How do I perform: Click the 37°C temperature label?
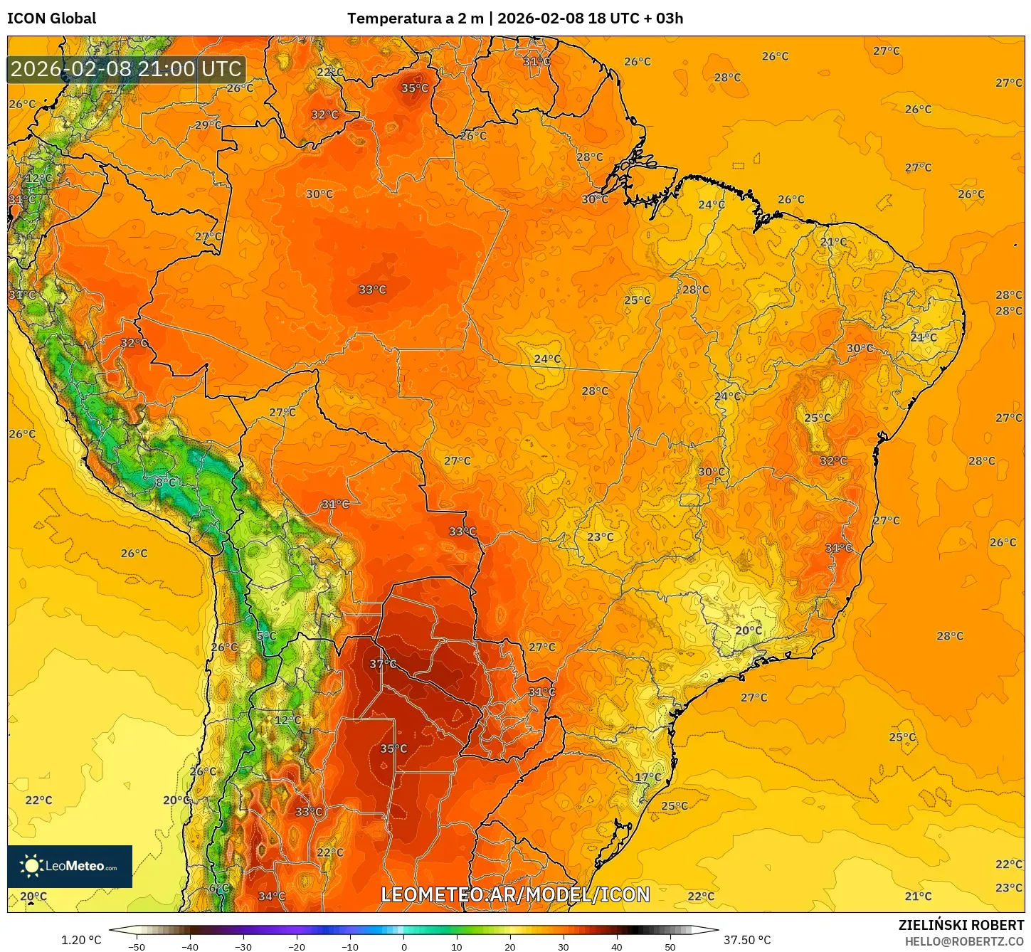[x=383, y=664]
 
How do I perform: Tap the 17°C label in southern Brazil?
[x=647, y=778]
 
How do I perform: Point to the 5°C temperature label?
[x=266, y=636]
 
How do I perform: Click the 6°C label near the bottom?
[x=218, y=889]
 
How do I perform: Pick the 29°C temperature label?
[x=208, y=125]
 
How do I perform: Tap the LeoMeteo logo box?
[x=70, y=866]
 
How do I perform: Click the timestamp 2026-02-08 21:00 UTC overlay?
[x=126, y=69]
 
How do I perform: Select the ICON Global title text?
[x=51, y=18]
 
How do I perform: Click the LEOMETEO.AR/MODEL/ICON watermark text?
[x=515, y=894]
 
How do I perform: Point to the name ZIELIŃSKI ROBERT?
[x=961, y=925]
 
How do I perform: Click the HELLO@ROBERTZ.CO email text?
[x=964, y=941]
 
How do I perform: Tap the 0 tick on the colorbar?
[x=403, y=947]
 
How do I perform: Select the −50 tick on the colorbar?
[x=137, y=947]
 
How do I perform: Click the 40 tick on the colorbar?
[x=616, y=947]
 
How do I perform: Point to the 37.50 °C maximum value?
[x=747, y=940]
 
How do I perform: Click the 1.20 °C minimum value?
[x=81, y=940]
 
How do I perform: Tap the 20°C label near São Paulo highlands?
[x=748, y=630]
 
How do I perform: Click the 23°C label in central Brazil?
[x=600, y=537]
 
